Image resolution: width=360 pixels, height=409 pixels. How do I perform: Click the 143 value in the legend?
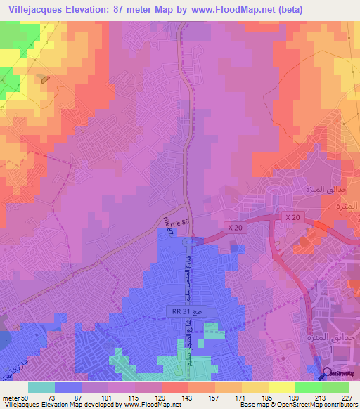coord(188,398)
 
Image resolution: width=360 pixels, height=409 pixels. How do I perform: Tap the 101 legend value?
coord(108,398)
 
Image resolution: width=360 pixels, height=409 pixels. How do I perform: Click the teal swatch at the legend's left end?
coord(41,387)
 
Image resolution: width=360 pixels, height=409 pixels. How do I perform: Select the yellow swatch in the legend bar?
coord(282,387)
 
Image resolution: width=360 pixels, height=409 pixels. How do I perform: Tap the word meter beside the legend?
coord(11,398)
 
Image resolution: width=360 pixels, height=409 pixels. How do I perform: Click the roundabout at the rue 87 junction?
coord(188,242)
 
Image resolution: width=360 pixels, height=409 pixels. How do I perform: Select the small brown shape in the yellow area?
coord(45,79)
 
